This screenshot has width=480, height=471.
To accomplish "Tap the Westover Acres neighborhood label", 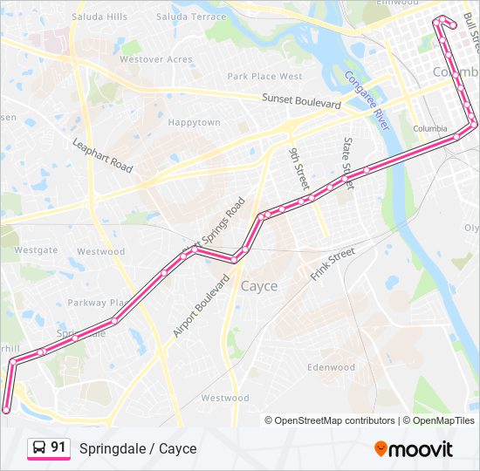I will click(155, 59).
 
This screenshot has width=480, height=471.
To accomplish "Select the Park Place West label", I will click(264, 77).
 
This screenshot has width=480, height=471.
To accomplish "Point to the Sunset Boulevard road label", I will click(301, 102).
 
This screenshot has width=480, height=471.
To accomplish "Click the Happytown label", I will click(194, 123).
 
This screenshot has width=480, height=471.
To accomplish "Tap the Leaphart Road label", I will click(102, 154).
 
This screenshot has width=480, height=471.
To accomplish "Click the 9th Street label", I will click(299, 167).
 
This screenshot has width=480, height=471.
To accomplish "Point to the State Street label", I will click(347, 155).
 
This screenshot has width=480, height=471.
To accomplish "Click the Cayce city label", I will click(259, 286).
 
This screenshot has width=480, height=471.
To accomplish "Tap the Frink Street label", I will click(333, 264).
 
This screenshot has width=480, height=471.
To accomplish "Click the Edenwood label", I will click(331, 367).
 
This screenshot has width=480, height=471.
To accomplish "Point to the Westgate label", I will click(36, 250).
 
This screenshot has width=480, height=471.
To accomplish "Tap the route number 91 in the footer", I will click(58, 447).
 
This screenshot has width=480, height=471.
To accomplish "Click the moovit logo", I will click(413, 449).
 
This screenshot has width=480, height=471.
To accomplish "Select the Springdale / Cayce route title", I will click(138, 448).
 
